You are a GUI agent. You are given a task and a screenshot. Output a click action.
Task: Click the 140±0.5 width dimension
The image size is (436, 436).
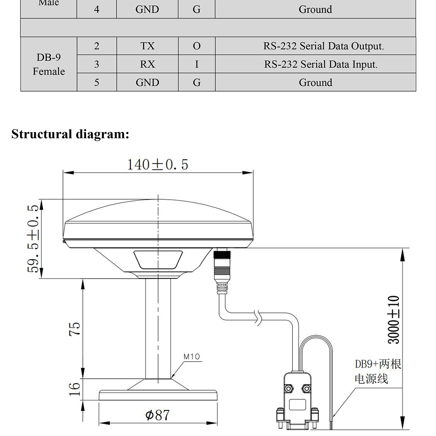click(157, 165)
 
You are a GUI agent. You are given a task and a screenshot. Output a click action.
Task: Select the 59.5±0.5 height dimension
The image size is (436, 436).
click(33, 239)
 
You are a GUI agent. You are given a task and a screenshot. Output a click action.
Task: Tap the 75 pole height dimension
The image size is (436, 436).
click(74, 329)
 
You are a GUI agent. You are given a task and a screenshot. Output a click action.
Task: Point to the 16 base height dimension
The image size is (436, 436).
click(74, 389)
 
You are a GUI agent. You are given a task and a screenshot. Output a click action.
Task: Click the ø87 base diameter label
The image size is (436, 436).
click(157, 415)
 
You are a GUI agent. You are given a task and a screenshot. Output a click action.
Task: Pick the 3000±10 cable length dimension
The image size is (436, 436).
click(393, 320)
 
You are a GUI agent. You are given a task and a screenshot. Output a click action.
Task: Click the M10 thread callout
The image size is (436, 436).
click(191, 357)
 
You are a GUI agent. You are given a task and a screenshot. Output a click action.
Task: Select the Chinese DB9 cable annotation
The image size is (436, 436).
click(378, 371)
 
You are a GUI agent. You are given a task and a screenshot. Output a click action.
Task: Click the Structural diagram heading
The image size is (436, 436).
click(70, 134)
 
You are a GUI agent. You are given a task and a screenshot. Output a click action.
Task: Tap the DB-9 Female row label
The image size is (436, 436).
click(49, 64)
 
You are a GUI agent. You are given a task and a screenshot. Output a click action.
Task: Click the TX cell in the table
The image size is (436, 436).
click(147, 46)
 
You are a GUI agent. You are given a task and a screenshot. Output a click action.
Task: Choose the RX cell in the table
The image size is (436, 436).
click(147, 64)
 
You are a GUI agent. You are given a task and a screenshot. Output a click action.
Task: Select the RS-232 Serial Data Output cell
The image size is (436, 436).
click(323, 46)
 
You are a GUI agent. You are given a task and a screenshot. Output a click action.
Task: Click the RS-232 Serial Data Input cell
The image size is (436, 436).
click(320, 64)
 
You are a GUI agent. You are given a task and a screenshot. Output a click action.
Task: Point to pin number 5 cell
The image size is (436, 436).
click(97, 82)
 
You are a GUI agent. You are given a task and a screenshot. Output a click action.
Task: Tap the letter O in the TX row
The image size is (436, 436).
click(197, 46)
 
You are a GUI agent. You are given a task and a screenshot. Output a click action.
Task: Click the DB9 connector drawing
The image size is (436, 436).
click(297, 400)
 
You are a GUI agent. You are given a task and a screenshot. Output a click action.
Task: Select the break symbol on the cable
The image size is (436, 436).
click(258, 317)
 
